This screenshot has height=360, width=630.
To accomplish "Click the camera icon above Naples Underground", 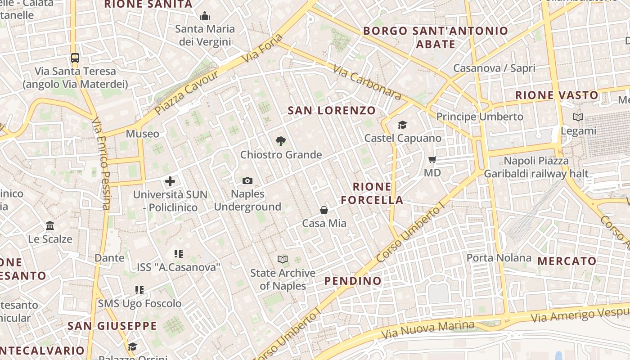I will tap(247, 180).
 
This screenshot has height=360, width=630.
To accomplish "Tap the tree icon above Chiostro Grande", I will tap(280, 141).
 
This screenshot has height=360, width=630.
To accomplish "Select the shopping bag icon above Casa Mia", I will tap(324, 210).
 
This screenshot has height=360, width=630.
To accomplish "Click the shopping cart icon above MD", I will tap(432, 159).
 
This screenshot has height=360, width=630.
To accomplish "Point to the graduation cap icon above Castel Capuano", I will tap(402, 125).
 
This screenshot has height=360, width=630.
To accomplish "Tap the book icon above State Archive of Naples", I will tap(282, 260).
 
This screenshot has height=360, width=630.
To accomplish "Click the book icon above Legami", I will tap(578, 117).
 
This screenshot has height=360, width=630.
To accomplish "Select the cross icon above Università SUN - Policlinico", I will tap(170, 181).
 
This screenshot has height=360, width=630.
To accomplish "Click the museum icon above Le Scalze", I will tap(50, 225).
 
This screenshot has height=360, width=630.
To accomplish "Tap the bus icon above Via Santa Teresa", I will tap(75, 58).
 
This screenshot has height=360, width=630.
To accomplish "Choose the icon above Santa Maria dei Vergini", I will tap(205, 16).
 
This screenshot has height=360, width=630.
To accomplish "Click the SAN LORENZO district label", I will tap(331, 110).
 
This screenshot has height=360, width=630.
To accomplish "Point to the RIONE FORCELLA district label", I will tap(372, 193).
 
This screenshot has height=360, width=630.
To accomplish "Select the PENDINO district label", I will tap(353, 281).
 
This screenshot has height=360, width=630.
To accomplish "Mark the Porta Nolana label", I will tap(499, 258).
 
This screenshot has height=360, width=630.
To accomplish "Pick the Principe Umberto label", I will tap(480, 117).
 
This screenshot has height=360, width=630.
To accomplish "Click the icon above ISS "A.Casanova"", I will tap(179, 254).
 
